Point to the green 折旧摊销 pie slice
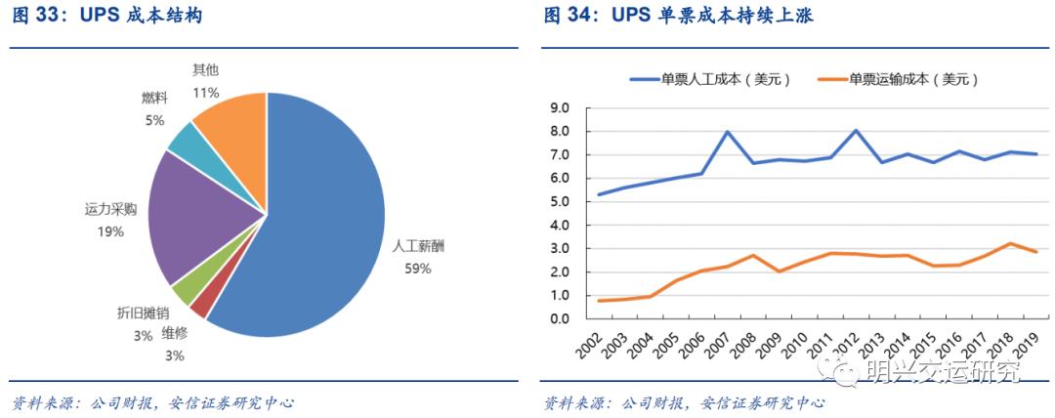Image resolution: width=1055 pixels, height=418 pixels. (185, 289)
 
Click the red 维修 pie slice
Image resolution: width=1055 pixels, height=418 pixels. (199, 305)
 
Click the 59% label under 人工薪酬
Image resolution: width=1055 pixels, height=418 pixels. (417, 269)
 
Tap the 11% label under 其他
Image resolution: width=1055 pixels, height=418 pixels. (205, 93)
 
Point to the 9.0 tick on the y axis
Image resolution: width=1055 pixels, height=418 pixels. (560, 107)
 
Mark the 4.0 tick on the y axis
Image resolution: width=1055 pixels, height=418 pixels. (560, 225)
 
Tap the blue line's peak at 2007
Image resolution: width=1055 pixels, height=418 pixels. (727, 132)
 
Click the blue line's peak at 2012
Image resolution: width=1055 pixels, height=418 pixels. (856, 131)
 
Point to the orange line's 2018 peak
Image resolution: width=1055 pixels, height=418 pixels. (1010, 244)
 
